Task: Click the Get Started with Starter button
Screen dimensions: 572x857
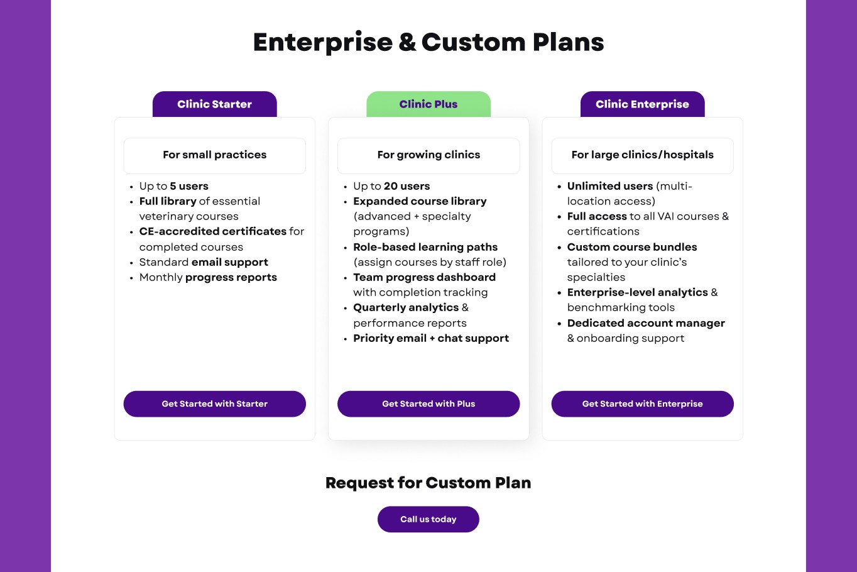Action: pyautogui.click(x=214, y=404)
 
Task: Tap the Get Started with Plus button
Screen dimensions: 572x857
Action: pyautogui.click(x=428, y=404)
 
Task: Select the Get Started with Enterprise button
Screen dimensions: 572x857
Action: pyautogui.click(x=642, y=404)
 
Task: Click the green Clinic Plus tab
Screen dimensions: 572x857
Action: pyautogui.click(x=428, y=104)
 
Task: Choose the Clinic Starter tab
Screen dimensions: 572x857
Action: pyautogui.click(x=214, y=104)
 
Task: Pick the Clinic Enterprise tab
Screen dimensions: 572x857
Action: pyautogui.click(x=642, y=104)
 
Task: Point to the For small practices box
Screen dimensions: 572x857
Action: pyautogui.click(x=214, y=155)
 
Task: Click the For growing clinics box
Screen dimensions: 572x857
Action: pyautogui.click(x=428, y=155)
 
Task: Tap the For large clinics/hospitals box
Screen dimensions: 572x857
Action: pyautogui.click(x=642, y=155)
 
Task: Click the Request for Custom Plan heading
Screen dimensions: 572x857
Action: pyautogui.click(x=428, y=483)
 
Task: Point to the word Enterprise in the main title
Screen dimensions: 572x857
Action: pyautogui.click(x=323, y=43)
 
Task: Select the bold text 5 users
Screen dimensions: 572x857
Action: pyautogui.click(x=189, y=186)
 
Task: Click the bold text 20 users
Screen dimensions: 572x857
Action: pyautogui.click(x=407, y=186)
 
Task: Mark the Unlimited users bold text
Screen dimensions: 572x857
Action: pyautogui.click(x=610, y=186)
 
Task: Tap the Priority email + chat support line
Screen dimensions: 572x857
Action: pyautogui.click(x=431, y=338)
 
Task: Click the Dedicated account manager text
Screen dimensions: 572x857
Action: pyautogui.click(x=646, y=323)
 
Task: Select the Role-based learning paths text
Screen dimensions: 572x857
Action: pyautogui.click(x=425, y=247)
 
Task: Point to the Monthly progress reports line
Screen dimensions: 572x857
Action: pyautogui.click(x=208, y=277)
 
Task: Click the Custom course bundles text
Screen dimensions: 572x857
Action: pyautogui.click(x=632, y=247)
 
